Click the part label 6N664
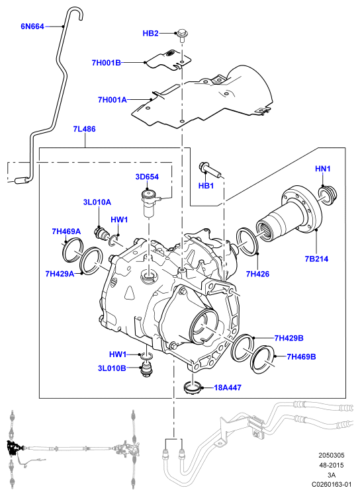click(32, 26)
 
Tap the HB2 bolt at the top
click(181, 35)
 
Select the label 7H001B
click(106, 63)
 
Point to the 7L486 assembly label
click(84, 129)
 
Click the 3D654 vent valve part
click(149, 202)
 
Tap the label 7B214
click(316, 259)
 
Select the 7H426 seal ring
click(247, 241)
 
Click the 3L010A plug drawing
click(102, 233)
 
